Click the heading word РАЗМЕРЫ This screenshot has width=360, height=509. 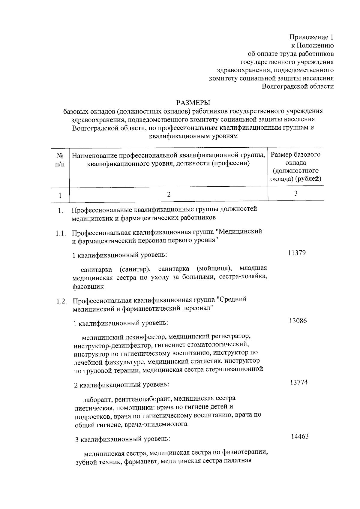(193, 103)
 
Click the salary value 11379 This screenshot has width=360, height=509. (297, 253)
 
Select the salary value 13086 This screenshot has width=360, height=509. (298, 321)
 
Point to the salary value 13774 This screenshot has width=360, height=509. (299, 382)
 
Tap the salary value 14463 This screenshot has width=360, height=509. (299, 437)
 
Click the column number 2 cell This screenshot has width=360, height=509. (169, 194)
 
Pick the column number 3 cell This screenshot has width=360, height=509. (295, 194)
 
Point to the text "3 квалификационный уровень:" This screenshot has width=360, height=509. (122, 439)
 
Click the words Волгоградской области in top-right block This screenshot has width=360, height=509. (298, 86)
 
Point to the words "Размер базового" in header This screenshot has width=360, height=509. (295, 155)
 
